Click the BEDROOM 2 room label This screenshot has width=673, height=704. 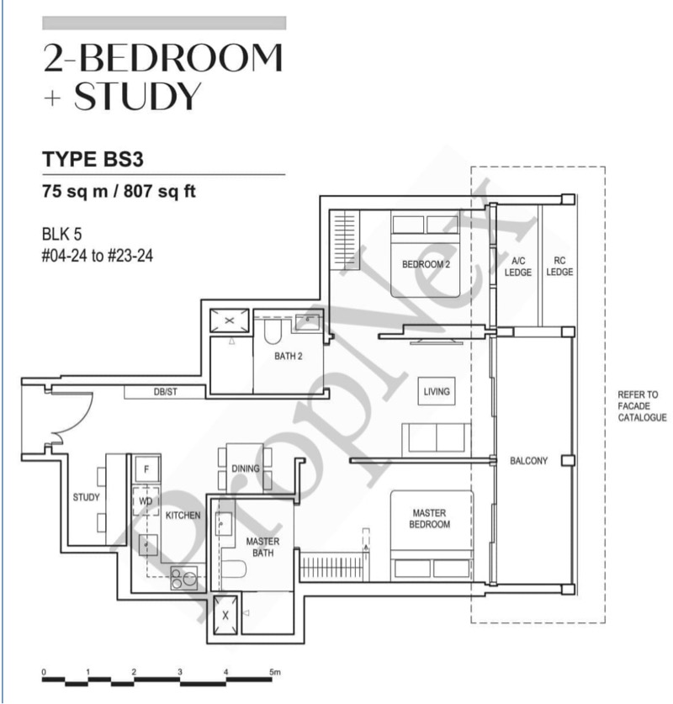426,264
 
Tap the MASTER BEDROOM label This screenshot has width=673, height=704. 429,519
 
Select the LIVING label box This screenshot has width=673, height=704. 437,391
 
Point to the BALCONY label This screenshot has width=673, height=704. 528,461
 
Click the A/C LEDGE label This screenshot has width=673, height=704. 518,267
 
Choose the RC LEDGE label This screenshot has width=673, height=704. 559,267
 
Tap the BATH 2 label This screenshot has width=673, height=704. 289,356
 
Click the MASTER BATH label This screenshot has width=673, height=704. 262,547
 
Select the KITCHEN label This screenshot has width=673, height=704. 183,516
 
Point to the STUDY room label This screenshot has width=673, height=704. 86,497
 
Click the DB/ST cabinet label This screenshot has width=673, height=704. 165,392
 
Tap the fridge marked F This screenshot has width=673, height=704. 146,469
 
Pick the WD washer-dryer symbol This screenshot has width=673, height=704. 146,500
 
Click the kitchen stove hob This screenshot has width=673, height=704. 184,579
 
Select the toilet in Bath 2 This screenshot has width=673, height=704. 272,331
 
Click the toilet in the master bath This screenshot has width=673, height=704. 234,569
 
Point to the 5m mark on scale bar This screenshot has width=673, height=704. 275,672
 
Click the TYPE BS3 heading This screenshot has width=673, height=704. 93,159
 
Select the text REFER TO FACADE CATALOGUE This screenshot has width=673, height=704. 642,406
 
